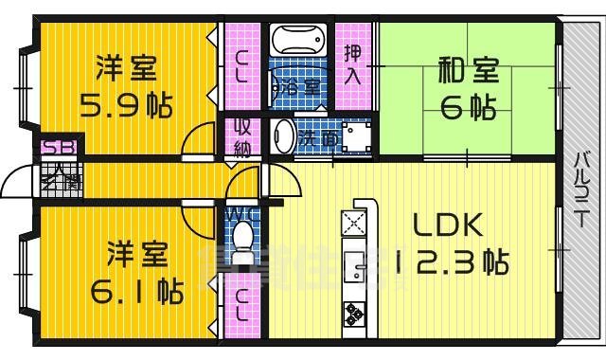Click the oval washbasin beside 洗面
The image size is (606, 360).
282,136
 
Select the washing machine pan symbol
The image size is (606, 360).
356,137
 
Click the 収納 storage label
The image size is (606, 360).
241,136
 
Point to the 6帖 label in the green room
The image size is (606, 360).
468,106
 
